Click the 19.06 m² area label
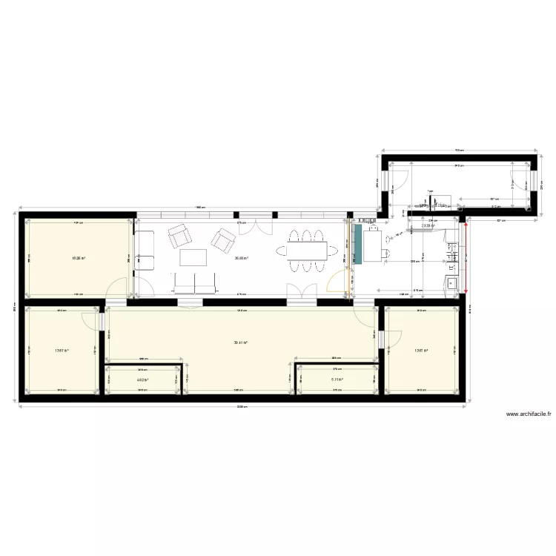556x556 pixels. pyautogui.click(x=78, y=259)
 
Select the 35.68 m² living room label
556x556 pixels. pyautogui.click(x=241, y=259)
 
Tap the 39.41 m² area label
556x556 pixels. pyautogui.click(x=241, y=343)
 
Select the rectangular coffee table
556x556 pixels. pyautogui.click(x=194, y=257)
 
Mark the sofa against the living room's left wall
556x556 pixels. pyautogui.click(x=144, y=251)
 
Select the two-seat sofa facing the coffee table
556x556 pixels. pyautogui.click(x=194, y=282)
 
